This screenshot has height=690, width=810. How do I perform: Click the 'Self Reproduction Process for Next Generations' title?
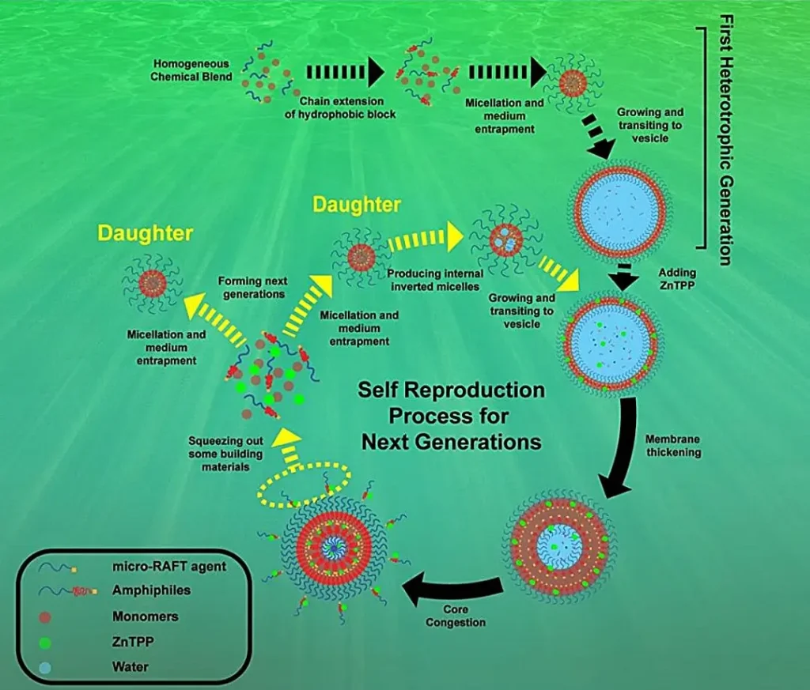coord(452,415)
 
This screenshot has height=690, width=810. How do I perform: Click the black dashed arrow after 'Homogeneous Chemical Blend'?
coord(344,73)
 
